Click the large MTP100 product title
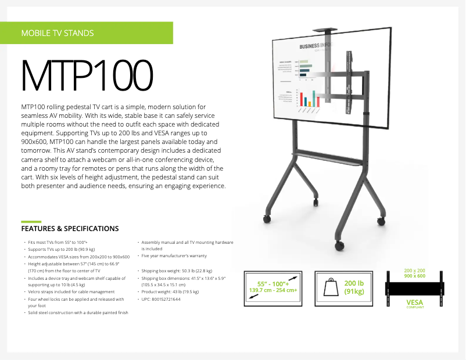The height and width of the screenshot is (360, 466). tap(87, 74)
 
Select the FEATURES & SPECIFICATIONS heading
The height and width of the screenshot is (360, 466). tap(70, 229)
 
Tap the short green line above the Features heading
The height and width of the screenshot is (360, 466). tap(31, 221)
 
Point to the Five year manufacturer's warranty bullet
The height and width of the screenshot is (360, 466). tap(174, 255)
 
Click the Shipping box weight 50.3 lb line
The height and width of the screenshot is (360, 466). tap(177, 271)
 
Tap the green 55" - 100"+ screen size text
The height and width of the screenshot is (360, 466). tap(273, 282)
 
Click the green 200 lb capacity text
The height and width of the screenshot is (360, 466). tap(353, 283)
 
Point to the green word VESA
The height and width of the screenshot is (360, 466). tap(415, 302)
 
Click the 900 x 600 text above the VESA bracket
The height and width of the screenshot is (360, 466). tap(414, 276)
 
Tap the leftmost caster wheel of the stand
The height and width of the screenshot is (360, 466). tap(267, 218)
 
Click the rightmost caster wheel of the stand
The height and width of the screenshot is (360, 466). tap(381, 221)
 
